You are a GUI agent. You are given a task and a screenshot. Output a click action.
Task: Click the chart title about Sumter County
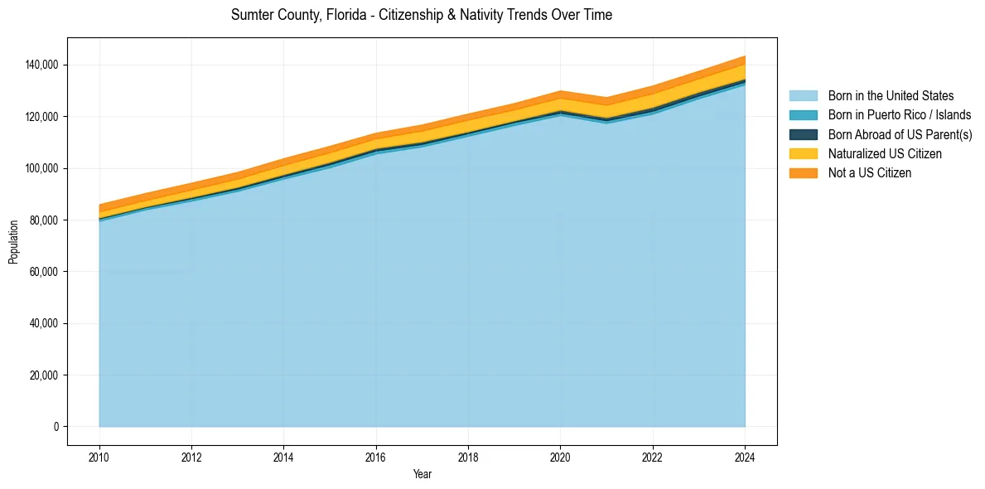[x=422, y=15]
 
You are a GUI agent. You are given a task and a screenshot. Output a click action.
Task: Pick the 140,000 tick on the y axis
[x=41, y=65]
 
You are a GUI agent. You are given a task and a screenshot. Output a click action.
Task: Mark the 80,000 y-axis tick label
[x=44, y=220]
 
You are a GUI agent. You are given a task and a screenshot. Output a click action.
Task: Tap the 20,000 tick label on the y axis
[x=44, y=375]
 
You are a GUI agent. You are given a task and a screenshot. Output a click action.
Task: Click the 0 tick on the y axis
[x=56, y=427]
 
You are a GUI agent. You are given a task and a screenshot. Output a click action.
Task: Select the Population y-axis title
[x=13, y=242]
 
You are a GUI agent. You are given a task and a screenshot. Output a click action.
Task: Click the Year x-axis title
[x=422, y=475]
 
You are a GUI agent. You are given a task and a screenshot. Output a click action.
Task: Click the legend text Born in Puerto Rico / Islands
[x=899, y=115]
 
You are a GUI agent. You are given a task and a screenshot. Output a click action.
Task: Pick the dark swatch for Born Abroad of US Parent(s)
[x=803, y=134]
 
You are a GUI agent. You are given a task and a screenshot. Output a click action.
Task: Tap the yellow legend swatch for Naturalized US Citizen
[x=803, y=153]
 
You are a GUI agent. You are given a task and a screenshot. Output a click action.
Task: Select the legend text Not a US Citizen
[x=869, y=172]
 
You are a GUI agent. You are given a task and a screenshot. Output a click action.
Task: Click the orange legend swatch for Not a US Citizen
[x=803, y=172]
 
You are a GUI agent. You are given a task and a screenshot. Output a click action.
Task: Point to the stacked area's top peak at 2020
[x=561, y=91]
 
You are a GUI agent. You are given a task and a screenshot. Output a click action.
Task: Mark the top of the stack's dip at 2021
[x=607, y=98]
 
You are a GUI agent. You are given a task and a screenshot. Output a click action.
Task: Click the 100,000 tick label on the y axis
[x=41, y=168]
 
